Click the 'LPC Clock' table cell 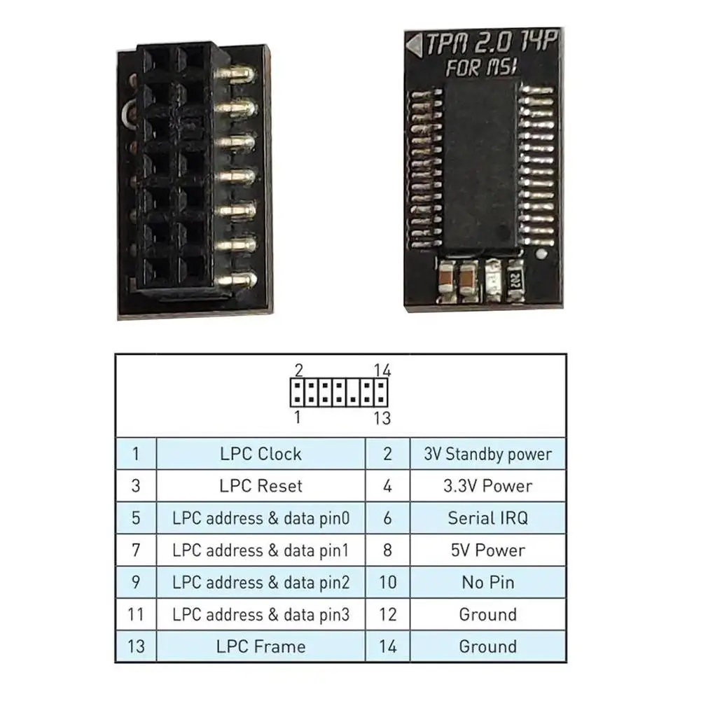coord(260,454)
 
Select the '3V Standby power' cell coord(487,454)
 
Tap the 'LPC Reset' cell coord(260,486)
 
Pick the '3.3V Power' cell coord(487,486)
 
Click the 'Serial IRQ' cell coord(487,518)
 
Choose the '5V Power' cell coord(487,550)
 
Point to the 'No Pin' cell coord(487,583)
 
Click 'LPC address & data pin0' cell coord(260,518)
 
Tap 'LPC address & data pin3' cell coord(260,615)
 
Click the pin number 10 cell coord(387,583)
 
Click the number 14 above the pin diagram coord(382,370)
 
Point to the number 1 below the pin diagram coord(298,417)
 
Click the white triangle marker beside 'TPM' coord(415,46)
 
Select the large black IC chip coord(480,168)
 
